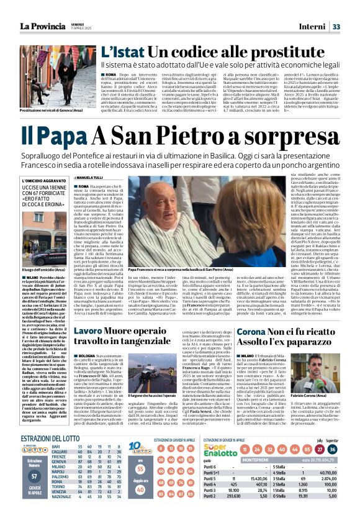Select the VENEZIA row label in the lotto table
(62, 506)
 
